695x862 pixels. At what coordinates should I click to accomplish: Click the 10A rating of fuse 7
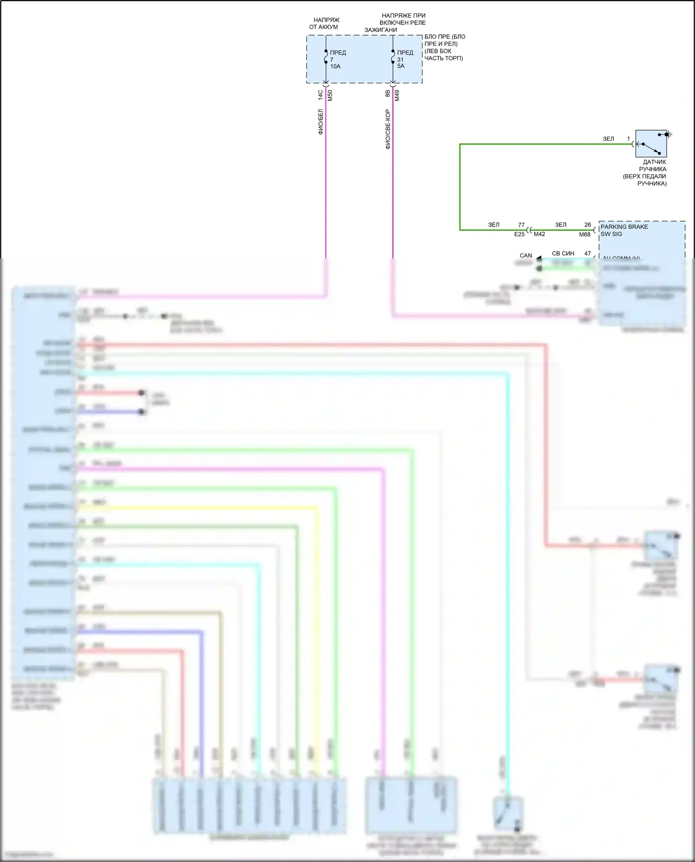tap(335, 67)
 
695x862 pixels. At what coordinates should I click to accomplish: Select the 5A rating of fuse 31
tap(401, 66)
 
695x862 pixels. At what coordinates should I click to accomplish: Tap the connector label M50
tap(330, 96)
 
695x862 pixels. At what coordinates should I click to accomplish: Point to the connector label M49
tap(397, 96)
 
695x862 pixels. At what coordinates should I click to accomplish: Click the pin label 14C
tap(320, 95)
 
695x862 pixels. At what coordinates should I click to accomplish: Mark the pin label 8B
tap(388, 94)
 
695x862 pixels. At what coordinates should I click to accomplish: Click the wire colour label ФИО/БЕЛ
tap(321, 122)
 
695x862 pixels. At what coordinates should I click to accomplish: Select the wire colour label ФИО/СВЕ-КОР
tap(388, 129)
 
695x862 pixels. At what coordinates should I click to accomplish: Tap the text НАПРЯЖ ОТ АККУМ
tap(324, 24)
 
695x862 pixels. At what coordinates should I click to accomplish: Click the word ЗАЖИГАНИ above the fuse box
tap(380, 30)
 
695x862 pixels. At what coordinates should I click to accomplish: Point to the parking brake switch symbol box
tap(651, 144)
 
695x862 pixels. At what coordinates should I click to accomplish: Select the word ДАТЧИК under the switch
tap(654, 162)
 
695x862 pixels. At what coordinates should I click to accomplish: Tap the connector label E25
tap(519, 234)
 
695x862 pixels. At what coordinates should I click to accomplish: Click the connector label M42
tap(539, 234)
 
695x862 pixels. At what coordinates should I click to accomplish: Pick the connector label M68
tap(585, 235)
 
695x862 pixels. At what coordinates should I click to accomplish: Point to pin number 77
tap(521, 225)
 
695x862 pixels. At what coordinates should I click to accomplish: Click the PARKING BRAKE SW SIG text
tap(624, 230)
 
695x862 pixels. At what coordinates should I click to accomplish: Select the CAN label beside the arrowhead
tap(526, 256)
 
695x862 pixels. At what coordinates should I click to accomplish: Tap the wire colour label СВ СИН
tap(563, 253)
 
